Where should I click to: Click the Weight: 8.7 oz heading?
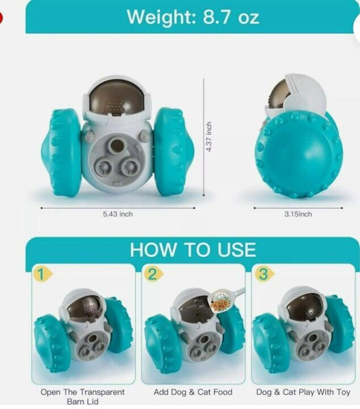coord(192,16)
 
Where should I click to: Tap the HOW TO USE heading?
coord(192,249)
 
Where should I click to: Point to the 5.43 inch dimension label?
coord(118,214)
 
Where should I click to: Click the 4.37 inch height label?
coord(209,137)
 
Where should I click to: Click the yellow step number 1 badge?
coord(42,274)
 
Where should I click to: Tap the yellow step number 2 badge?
coord(152,274)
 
